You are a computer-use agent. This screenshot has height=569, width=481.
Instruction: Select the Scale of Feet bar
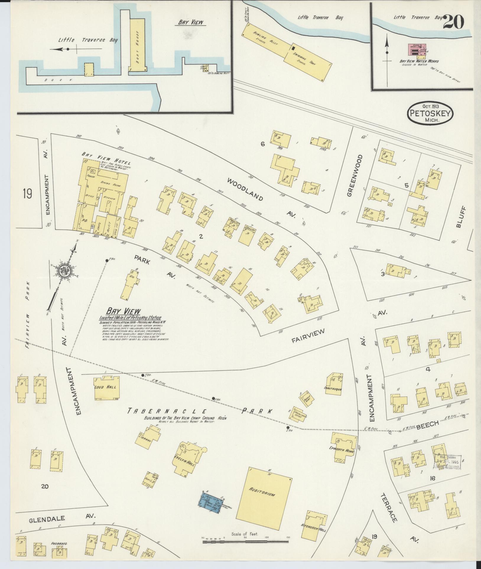245,542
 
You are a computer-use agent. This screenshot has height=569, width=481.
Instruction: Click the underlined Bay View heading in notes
123,311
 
